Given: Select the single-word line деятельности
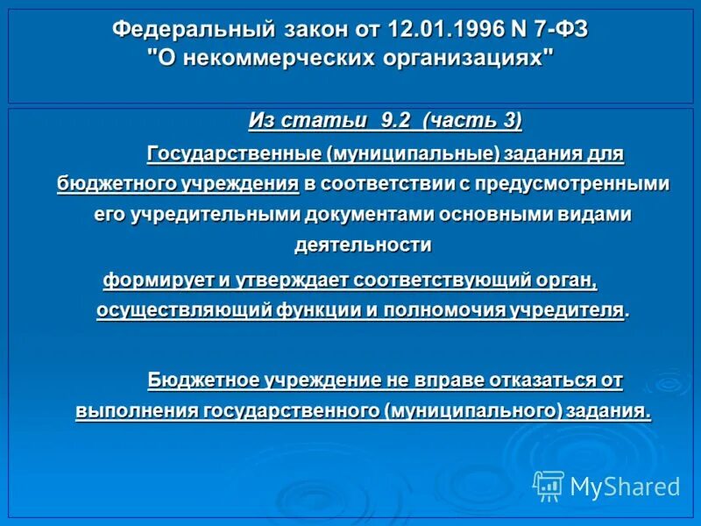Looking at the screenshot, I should (x=363, y=245).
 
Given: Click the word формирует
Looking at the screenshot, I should (x=151, y=281).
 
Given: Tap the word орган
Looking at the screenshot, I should (x=566, y=281).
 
